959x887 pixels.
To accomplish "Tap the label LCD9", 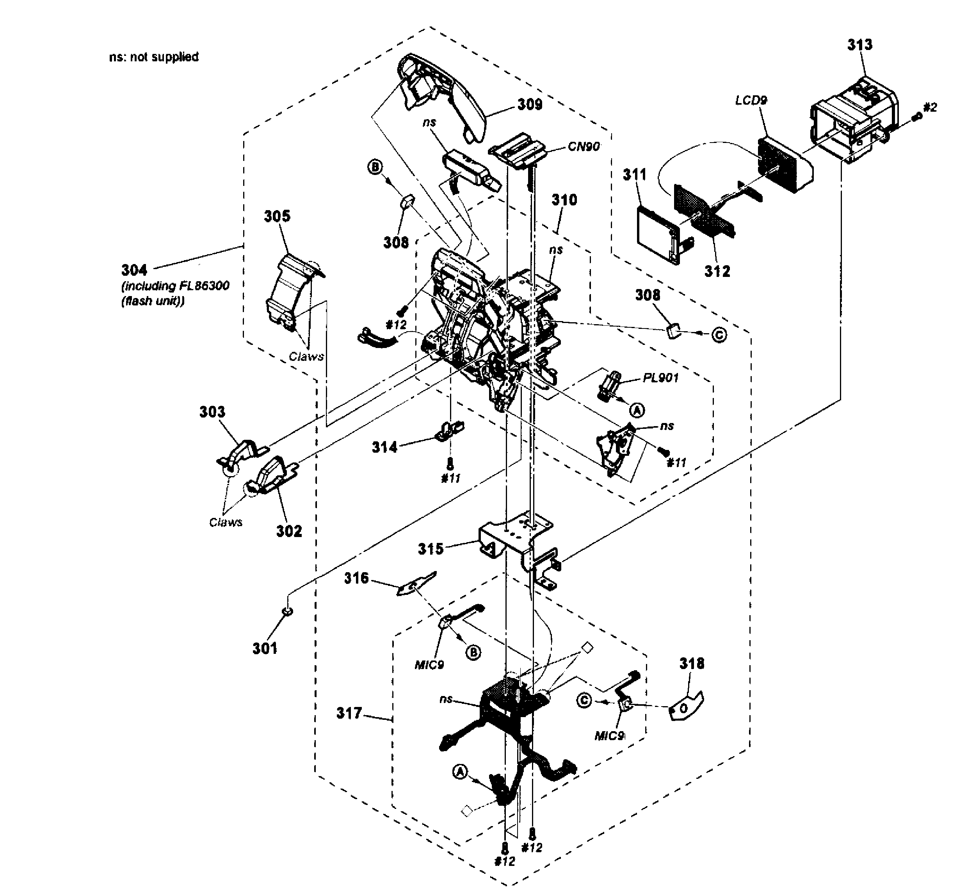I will click(751, 100).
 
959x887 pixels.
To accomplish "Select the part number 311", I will click(635, 175).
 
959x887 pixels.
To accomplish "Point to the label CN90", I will click(584, 146).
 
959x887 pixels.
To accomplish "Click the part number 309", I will click(530, 104).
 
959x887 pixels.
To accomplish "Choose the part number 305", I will click(277, 216).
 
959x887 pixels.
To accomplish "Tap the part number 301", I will click(265, 648).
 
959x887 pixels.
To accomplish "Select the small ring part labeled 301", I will click(287, 612).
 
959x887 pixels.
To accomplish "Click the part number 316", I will click(356, 578).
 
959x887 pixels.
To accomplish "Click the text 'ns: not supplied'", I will click(153, 57).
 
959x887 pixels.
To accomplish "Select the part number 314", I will click(384, 447).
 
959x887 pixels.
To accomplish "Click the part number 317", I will click(349, 713).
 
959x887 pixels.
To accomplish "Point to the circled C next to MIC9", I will click(584, 701).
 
